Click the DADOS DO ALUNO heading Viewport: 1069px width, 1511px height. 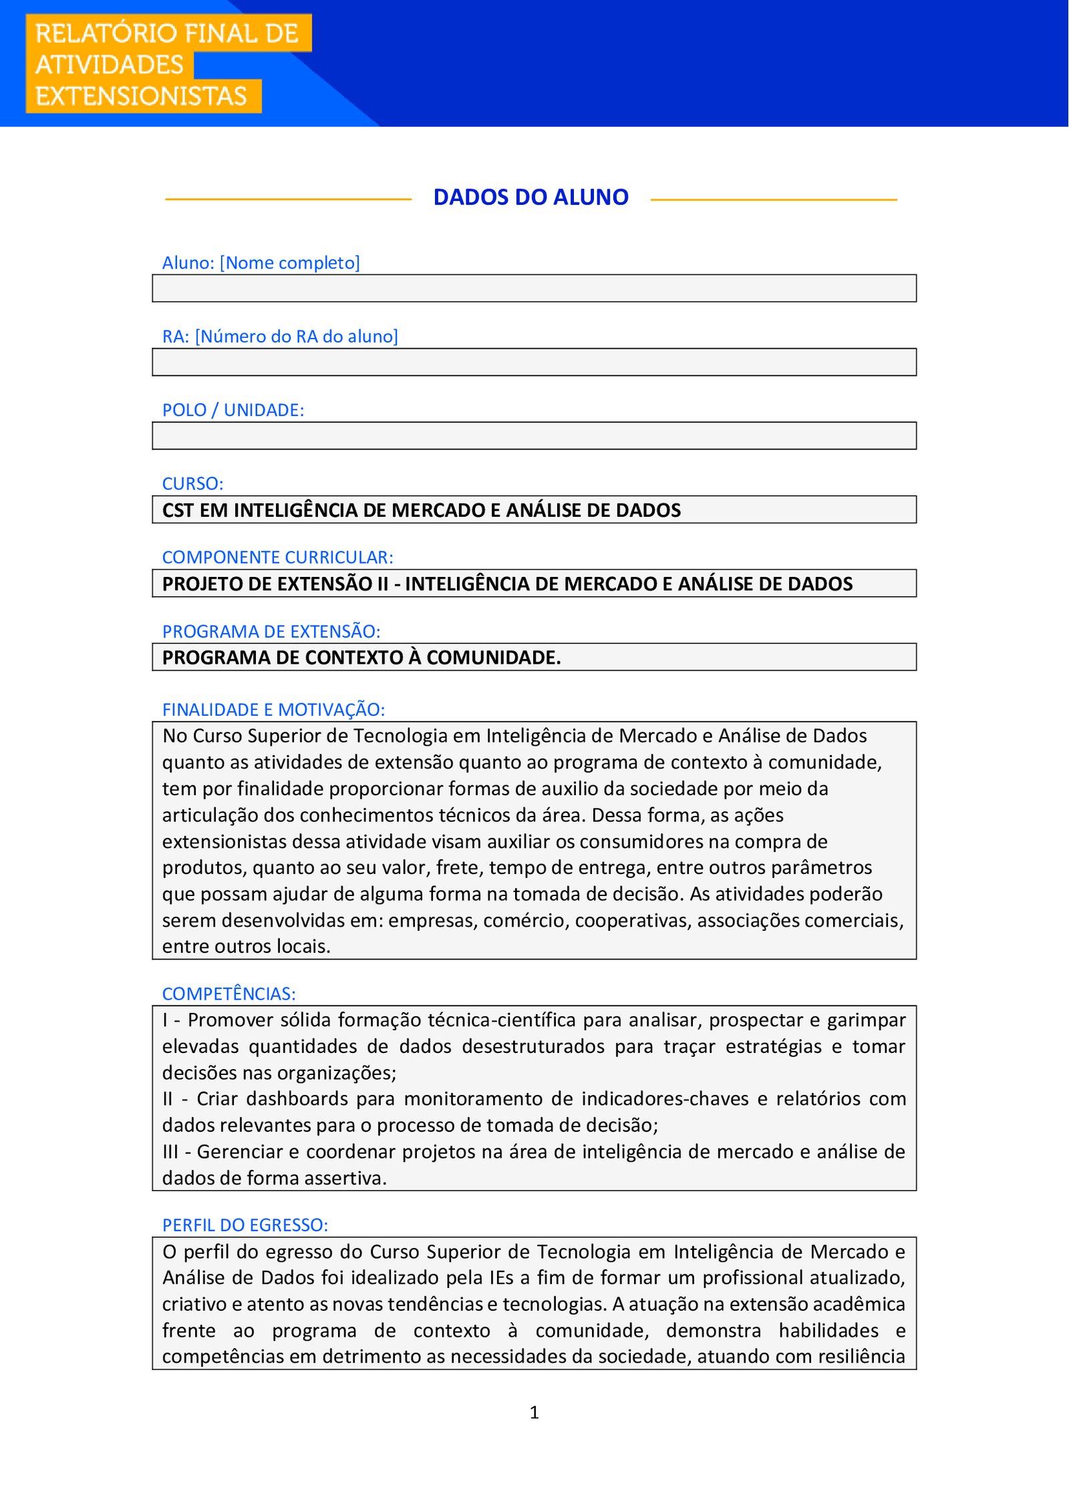coord(530,198)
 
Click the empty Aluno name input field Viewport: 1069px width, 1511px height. coord(534,288)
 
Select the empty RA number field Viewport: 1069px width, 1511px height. coord(534,362)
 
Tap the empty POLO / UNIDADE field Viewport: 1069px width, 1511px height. coord(534,436)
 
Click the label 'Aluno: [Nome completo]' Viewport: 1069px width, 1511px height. coord(261,263)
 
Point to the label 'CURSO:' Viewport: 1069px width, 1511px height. coord(192,483)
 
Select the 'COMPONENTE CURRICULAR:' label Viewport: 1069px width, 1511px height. coord(277,557)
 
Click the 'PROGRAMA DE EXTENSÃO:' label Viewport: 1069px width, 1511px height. coord(271,631)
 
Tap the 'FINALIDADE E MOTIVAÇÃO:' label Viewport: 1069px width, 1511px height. coord(273,709)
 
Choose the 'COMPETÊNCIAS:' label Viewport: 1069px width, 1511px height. coord(228,994)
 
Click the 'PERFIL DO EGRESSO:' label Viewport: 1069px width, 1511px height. coord(245,1225)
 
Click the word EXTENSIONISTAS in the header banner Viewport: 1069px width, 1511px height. coord(141,96)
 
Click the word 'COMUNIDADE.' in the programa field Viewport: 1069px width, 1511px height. coord(493,658)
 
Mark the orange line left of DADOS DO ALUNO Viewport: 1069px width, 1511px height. coord(288,199)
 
